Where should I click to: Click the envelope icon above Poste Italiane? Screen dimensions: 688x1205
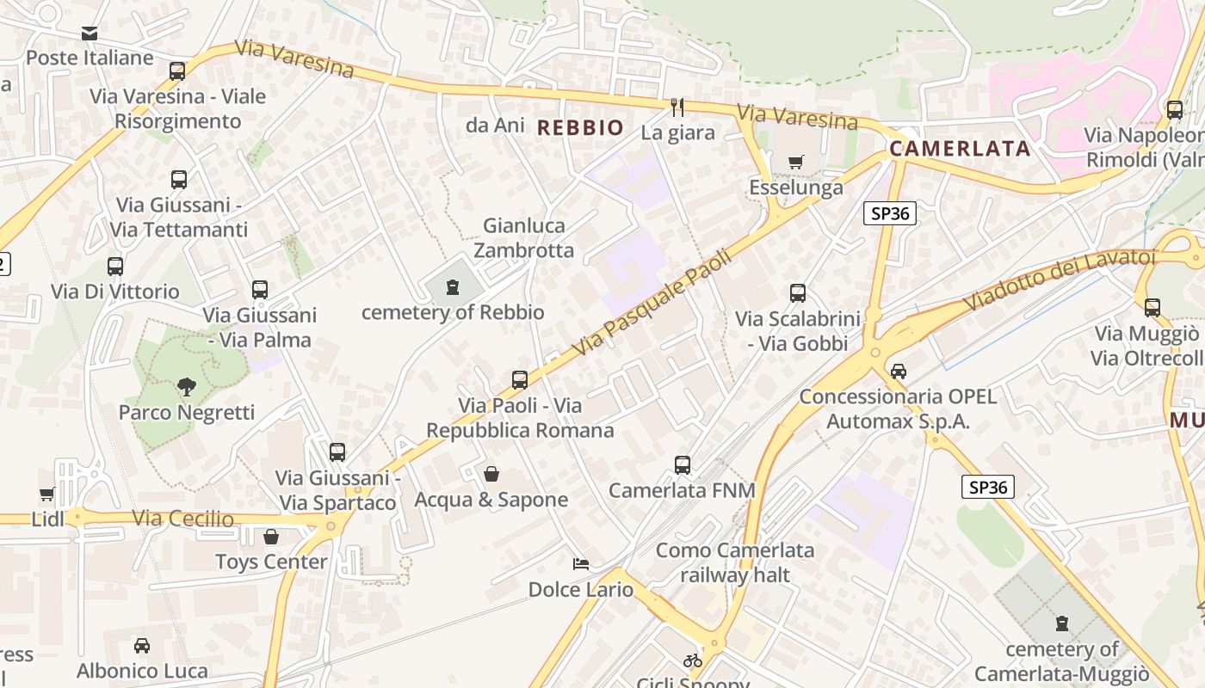point(90,34)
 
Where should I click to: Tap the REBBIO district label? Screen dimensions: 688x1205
point(580,128)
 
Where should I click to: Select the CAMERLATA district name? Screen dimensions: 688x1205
point(960,149)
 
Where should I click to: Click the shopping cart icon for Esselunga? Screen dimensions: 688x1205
point(796,162)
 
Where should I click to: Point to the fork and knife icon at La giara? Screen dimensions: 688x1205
point(677,107)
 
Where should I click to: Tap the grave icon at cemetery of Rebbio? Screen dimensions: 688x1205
point(453,287)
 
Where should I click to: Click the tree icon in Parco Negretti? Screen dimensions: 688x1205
point(186,388)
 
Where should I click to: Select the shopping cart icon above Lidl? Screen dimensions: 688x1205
point(47,494)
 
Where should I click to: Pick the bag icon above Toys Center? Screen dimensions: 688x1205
point(271,537)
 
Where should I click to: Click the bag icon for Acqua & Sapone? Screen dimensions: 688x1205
point(491,474)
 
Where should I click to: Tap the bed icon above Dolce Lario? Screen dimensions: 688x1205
point(581,564)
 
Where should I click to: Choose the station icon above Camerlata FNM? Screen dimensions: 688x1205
point(683,465)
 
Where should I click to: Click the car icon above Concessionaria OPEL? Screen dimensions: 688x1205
point(899,372)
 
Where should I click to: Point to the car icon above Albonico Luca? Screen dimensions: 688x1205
point(142,646)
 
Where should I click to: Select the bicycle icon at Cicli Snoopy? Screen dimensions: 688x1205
point(693,660)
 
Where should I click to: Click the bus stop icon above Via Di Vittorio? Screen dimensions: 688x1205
point(115,267)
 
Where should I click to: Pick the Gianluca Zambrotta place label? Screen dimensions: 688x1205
point(524,238)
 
